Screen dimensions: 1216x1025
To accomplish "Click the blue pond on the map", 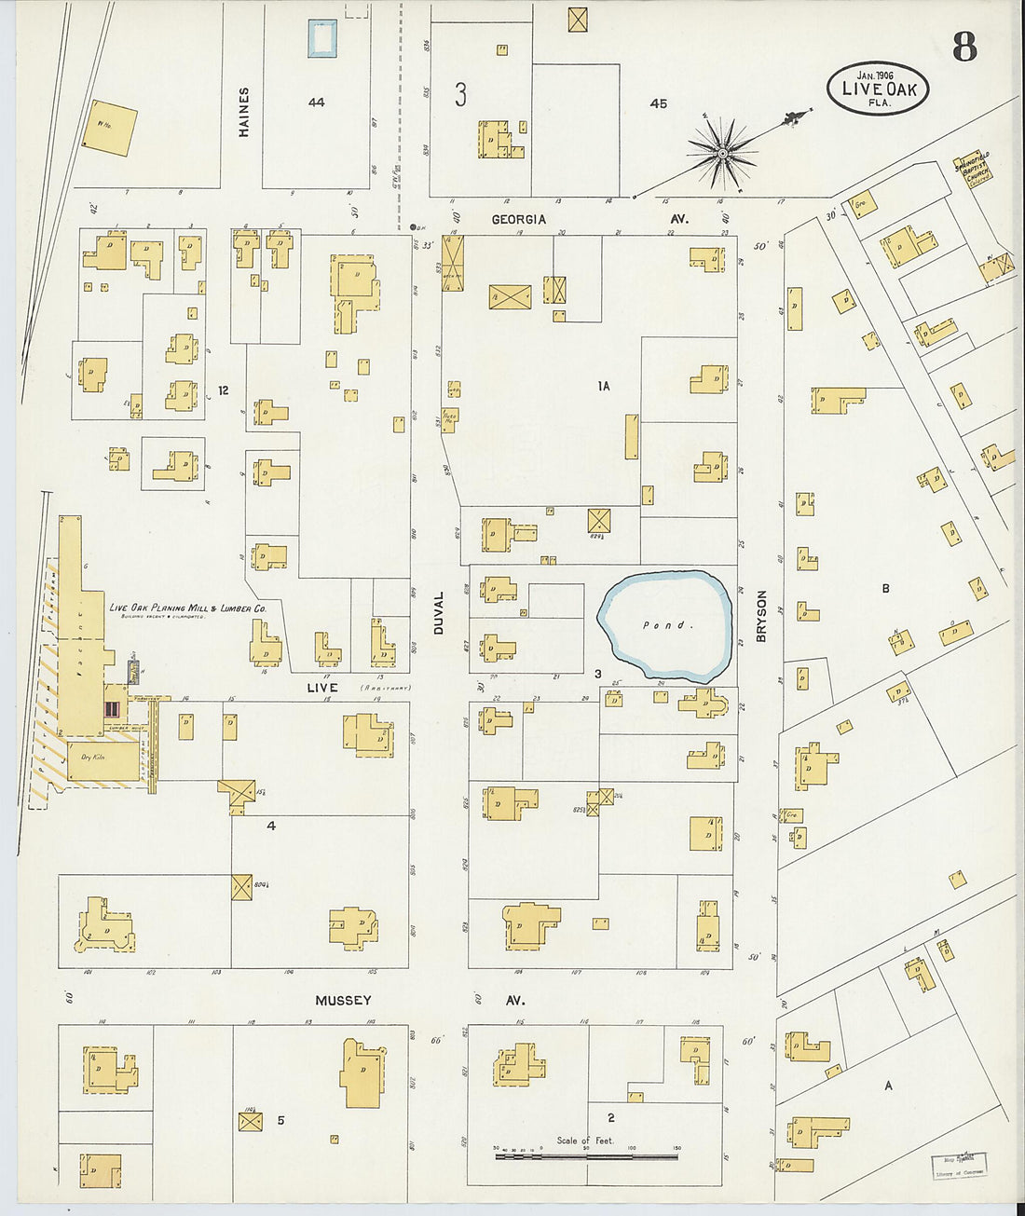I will (665, 625).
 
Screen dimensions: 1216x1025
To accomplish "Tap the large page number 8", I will (964, 46).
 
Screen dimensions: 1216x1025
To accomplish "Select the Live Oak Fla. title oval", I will (878, 89).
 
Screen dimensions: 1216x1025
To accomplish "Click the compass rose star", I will (722, 151).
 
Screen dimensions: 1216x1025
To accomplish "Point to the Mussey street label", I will (343, 1000).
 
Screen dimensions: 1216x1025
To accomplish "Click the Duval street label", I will (439, 613).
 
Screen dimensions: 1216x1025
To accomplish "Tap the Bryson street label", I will (761, 615).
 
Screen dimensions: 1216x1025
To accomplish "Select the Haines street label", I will (244, 112).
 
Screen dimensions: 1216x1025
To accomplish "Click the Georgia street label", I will (519, 219).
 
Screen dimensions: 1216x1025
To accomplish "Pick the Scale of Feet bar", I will (586, 1156).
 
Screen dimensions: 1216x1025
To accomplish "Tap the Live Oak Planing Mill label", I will (187, 608).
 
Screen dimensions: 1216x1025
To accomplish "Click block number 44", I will (317, 102).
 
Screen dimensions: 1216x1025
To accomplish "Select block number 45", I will (658, 103).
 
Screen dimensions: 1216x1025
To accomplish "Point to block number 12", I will (223, 390).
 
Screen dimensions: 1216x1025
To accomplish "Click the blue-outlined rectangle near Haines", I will (321, 38).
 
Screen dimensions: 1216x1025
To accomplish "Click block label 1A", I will (604, 385).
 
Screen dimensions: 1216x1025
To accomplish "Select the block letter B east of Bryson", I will (885, 588).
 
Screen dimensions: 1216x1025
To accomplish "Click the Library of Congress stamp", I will (959, 1166).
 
